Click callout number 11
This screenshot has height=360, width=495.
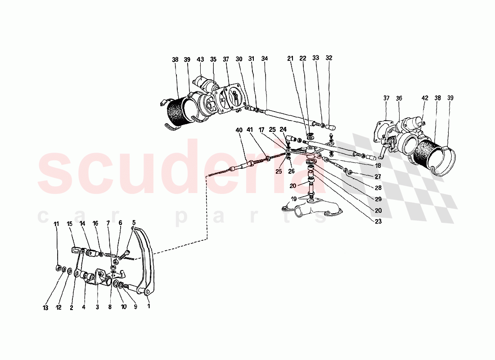(57, 224)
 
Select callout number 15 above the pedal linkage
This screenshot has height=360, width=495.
(70, 224)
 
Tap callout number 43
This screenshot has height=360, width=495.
(200, 59)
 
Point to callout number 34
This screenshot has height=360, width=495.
(264, 58)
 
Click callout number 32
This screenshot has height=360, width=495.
(329, 58)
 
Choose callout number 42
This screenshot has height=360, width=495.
(425, 98)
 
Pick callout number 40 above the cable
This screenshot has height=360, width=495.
(239, 130)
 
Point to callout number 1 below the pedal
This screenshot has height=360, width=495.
(149, 307)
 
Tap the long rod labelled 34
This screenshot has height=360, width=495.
(288, 116)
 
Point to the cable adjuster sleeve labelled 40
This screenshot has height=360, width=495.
(245, 166)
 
